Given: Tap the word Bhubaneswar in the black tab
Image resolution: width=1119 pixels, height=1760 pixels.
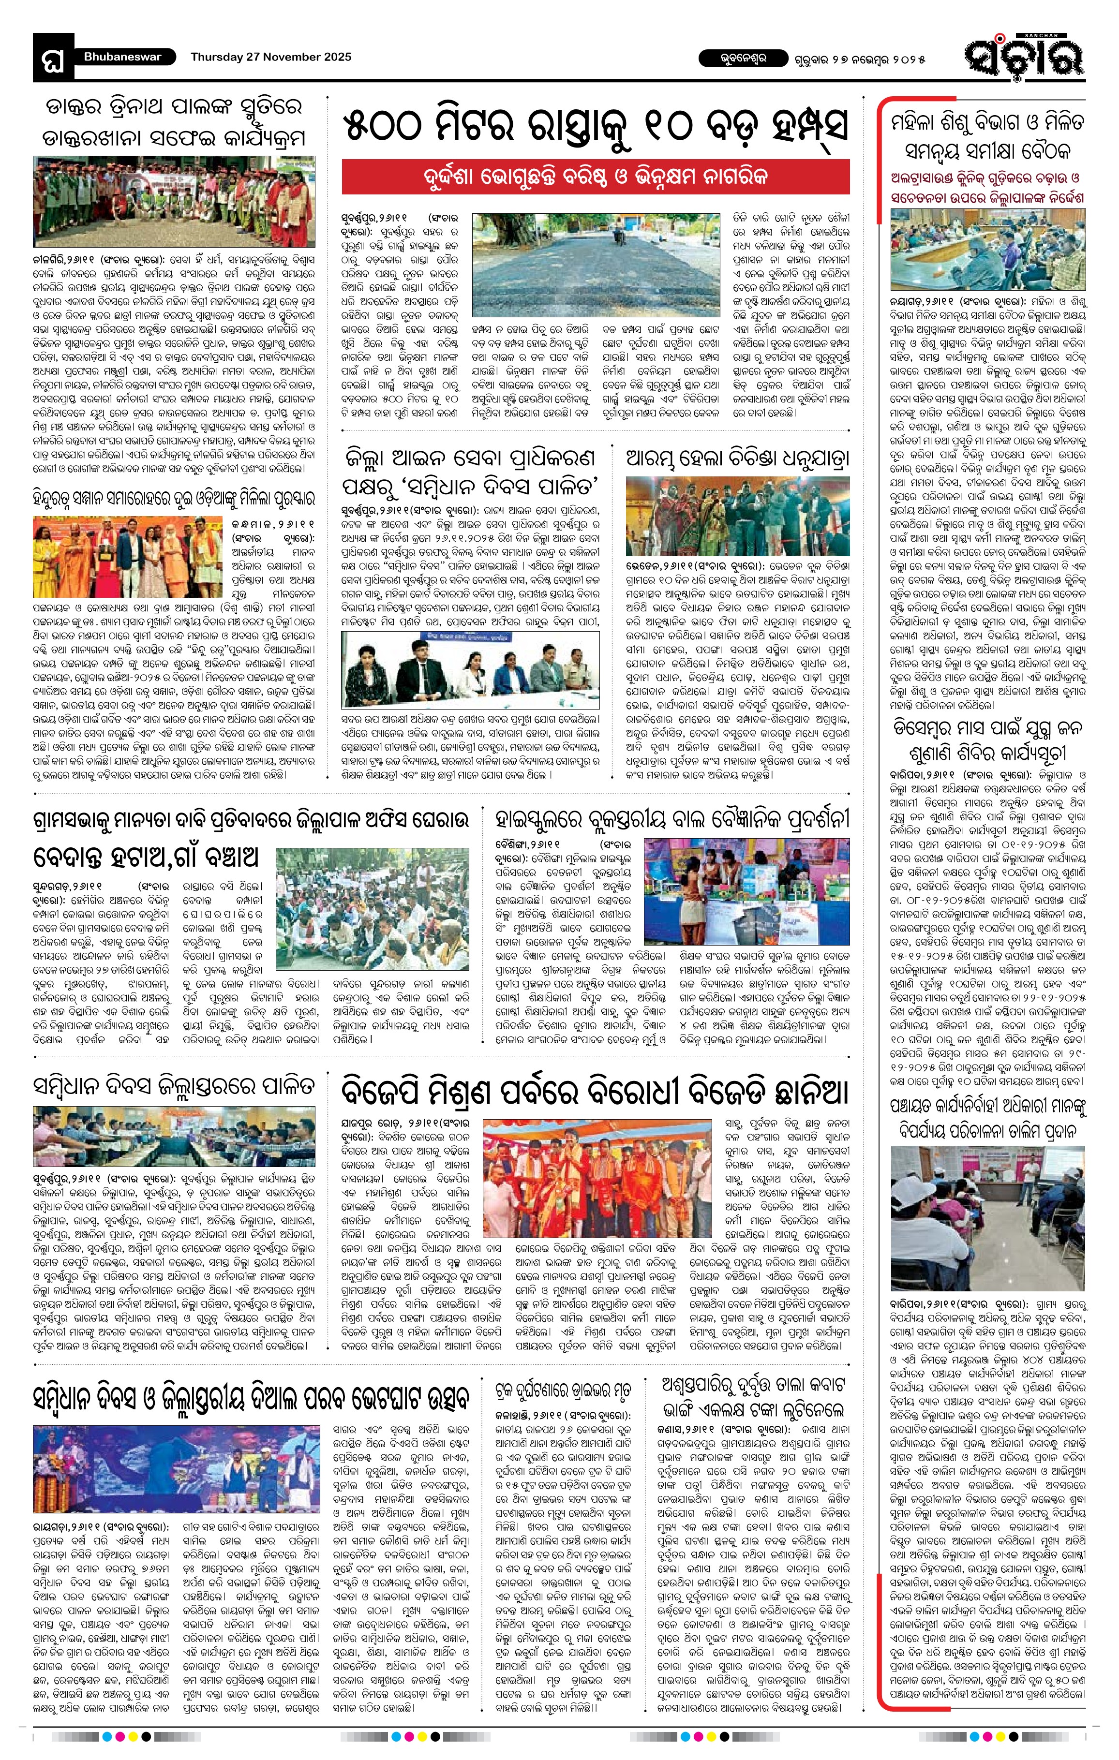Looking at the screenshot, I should pyautogui.click(x=121, y=56).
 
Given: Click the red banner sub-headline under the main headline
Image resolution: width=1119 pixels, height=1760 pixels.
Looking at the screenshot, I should pyautogui.click(x=596, y=177).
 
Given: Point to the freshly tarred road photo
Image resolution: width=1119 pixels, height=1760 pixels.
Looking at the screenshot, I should pyautogui.click(x=596, y=254).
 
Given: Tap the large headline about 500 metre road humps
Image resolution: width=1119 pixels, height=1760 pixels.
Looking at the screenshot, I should pyautogui.click(x=596, y=126).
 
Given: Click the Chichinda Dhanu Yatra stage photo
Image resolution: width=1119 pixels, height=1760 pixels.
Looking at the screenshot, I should pyautogui.click(x=737, y=516).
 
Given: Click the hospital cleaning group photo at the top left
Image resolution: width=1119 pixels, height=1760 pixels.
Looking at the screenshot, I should pyautogui.click(x=175, y=202).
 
